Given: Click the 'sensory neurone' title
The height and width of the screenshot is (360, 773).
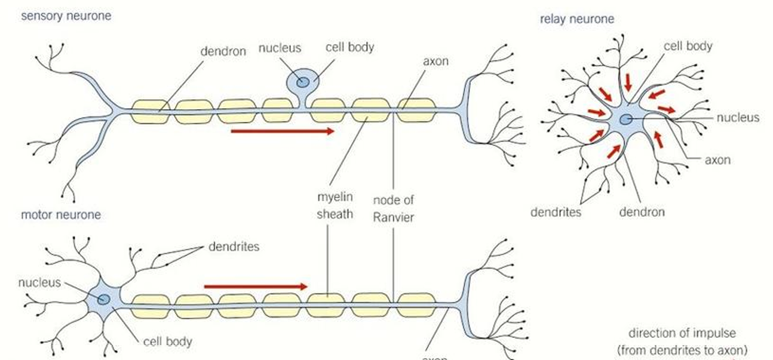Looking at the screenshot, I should [x=66, y=16].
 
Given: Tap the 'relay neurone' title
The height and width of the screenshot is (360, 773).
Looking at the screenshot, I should [x=576, y=19].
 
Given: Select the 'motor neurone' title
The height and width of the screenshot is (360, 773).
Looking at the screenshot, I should [x=61, y=214].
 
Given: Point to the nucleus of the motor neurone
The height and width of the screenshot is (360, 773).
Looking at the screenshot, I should [x=104, y=299].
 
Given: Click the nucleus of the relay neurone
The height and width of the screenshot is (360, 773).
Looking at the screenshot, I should [x=625, y=119].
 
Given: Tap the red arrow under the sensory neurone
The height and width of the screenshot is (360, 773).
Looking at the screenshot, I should [x=282, y=131].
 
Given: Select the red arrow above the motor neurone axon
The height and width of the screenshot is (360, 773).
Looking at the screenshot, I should [x=255, y=287].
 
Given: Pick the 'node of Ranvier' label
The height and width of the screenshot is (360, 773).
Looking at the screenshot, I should [x=393, y=208].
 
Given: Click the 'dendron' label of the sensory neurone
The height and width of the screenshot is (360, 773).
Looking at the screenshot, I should [x=223, y=51].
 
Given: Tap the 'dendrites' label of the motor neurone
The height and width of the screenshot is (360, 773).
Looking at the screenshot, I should [x=234, y=246].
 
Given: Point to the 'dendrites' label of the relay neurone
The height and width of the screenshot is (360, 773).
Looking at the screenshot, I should [x=556, y=212].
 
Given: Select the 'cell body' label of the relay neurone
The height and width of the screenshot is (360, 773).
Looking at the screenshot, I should [x=688, y=45].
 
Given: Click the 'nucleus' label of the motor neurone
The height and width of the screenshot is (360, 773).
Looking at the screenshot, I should [x=39, y=282].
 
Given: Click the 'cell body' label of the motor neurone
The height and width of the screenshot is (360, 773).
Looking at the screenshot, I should [x=168, y=342].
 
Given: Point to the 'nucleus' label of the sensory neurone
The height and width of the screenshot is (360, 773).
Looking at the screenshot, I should [x=280, y=48].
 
